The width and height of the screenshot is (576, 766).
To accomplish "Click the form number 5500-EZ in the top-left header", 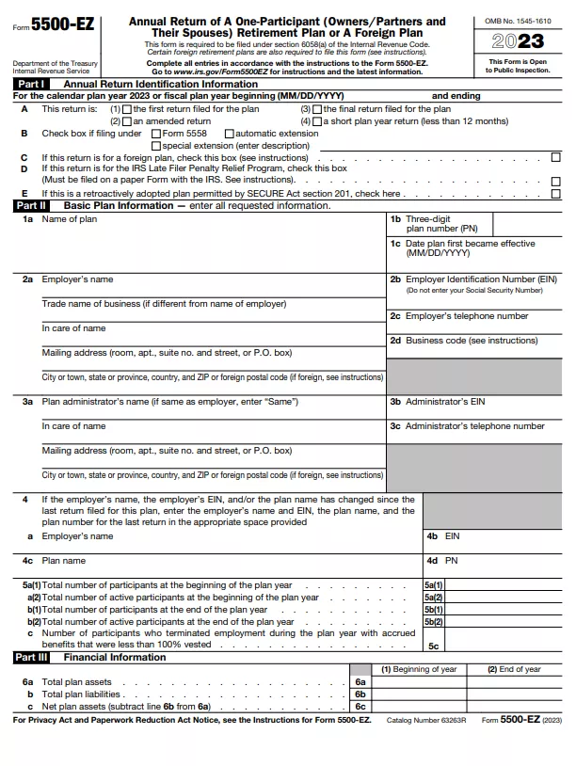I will [x=62, y=25].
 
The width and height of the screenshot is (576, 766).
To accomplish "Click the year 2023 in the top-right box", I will [x=519, y=40].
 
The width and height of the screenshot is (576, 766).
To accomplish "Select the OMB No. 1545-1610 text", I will [x=519, y=21].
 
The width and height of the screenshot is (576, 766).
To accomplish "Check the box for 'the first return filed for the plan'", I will [x=127, y=109].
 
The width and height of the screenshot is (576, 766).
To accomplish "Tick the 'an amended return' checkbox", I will [x=127, y=121].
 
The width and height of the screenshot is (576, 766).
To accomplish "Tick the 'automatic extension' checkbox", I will [x=230, y=134].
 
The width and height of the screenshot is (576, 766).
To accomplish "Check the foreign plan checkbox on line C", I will [x=555, y=157].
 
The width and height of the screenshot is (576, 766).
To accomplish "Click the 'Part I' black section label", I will [x=31, y=84].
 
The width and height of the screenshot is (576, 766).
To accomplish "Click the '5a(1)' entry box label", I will [x=433, y=585].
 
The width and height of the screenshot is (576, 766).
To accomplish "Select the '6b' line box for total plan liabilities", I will [x=360, y=694].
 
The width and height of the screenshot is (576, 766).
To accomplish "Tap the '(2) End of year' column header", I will [x=514, y=669].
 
